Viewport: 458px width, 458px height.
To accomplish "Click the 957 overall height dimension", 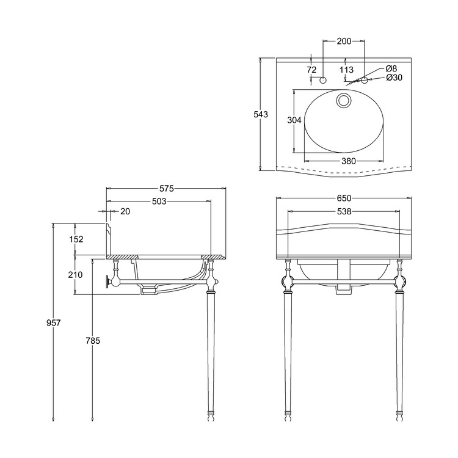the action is pos(54,323).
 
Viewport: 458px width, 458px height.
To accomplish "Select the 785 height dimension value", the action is pos(93,341).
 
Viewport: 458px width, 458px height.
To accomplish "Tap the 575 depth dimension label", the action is pos(167,189).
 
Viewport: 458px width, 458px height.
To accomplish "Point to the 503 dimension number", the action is pos(159,202).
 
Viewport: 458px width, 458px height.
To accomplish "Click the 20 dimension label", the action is pos(125,211).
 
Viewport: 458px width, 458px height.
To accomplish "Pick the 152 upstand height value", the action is pos(76,239).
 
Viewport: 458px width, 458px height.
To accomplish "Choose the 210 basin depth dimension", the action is pos(75,275).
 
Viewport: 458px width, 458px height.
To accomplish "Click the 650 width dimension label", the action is pos(344,198).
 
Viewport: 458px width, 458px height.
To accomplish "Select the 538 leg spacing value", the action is pos(344,211).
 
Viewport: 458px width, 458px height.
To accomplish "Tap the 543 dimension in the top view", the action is pos(261,114).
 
